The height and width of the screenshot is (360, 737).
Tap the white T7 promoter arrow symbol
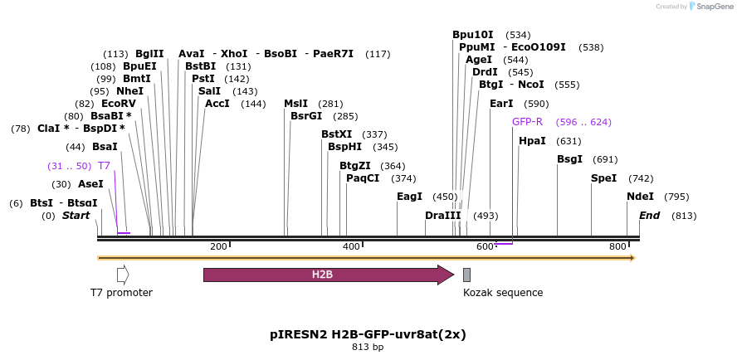(123, 275)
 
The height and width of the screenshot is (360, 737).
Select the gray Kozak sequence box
(466, 275)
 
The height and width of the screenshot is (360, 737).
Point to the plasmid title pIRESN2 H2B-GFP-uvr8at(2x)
(368, 335)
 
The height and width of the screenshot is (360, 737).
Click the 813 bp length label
(368, 348)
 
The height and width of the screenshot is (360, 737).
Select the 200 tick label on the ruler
(218, 246)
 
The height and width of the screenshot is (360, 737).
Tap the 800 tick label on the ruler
(617, 246)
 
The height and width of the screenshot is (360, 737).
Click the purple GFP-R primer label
(527, 122)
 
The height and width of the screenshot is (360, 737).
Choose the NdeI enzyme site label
(640, 197)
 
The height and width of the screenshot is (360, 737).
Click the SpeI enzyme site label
(603, 178)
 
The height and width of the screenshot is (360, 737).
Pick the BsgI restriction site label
(569, 159)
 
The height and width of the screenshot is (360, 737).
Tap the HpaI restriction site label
(532, 141)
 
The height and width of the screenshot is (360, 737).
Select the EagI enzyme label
(409, 197)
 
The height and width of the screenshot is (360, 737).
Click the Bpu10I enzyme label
(472, 35)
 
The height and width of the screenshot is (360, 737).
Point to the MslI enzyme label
(295, 104)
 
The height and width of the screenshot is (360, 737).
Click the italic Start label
(76, 216)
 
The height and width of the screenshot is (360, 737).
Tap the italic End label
(650, 216)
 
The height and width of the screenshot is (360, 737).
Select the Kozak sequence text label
(503, 292)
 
